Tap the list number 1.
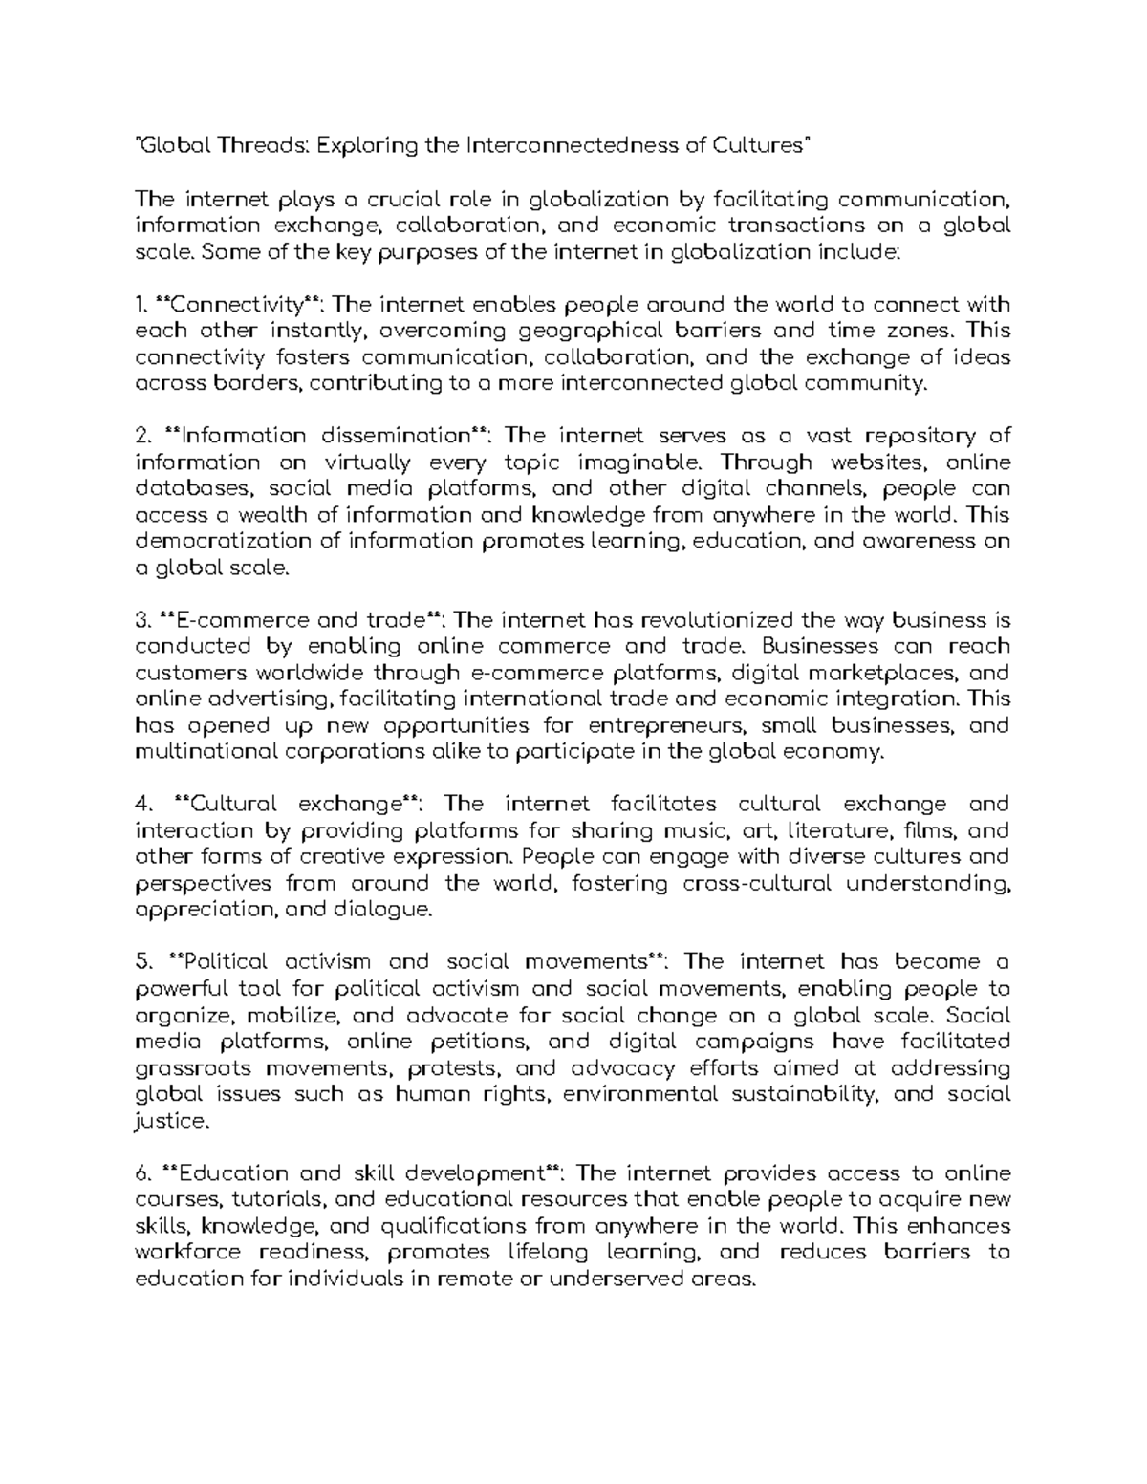[x=141, y=305]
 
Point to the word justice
[x=172, y=1120]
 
